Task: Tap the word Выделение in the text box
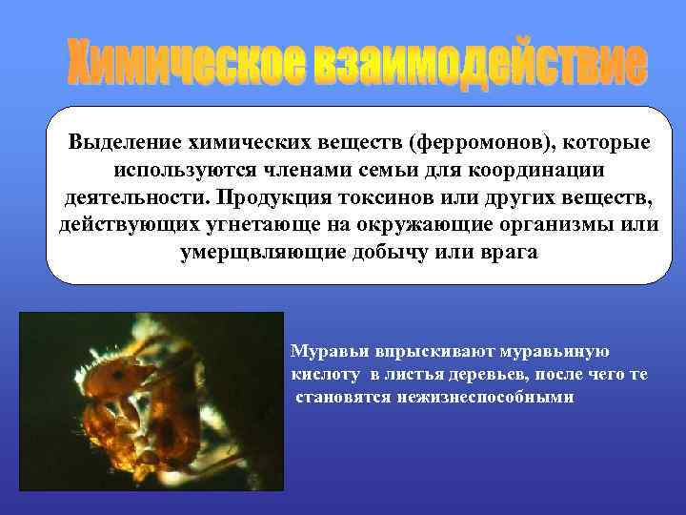pos(118,143)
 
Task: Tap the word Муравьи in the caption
pos(327,351)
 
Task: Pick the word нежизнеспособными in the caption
pos(495,397)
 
